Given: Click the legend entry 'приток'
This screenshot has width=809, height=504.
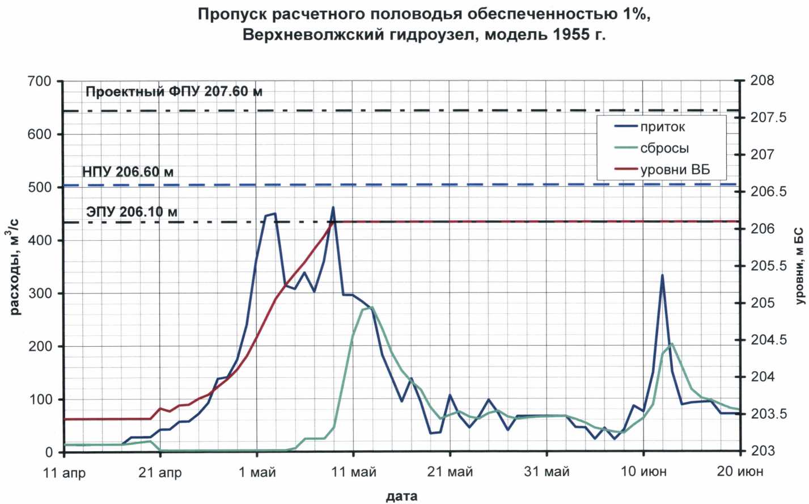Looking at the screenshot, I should pyautogui.click(x=662, y=127).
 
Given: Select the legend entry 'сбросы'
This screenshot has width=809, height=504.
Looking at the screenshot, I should pyautogui.click(x=664, y=149).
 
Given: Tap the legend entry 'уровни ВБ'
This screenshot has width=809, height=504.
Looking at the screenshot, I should pyautogui.click(x=675, y=170).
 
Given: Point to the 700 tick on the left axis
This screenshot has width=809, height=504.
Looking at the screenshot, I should pyautogui.click(x=40, y=81).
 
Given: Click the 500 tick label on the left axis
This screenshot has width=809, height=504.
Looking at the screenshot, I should pyautogui.click(x=40, y=187).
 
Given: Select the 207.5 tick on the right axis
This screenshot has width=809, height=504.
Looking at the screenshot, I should pyautogui.click(x=769, y=117).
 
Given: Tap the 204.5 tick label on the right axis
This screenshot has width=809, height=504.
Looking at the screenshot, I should pyautogui.click(x=769, y=340).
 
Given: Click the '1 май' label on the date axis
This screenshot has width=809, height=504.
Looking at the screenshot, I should pyautogui.click(x=257, y=472).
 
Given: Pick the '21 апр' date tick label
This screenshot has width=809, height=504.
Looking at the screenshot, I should pyautogui.click(x=160, y=472).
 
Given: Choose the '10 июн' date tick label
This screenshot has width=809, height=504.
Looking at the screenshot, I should pyautogui.click(x=643, y=472).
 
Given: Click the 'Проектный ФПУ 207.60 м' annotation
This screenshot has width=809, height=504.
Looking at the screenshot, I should pyautogui.click(x=174, y=91).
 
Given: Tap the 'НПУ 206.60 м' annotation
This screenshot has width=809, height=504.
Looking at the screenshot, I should pyautogui.click(x=128, y=171).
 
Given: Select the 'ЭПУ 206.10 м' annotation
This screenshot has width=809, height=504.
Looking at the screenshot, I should pyautogui.click(x=132, y=212).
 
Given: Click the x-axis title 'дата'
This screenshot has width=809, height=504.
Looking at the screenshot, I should pyautogui.click(x=401, y=496).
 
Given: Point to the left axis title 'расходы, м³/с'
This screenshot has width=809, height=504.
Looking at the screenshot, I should pyautogui.click(x=15, y=267).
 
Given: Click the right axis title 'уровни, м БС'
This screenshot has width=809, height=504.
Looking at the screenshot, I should pyautogui.click(x=799, y=266).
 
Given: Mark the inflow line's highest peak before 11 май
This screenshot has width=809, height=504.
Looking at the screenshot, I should pyautogui.click(x=333, y=208).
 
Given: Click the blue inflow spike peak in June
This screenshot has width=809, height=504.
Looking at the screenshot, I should pyautogui.click(x=662, y=275).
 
